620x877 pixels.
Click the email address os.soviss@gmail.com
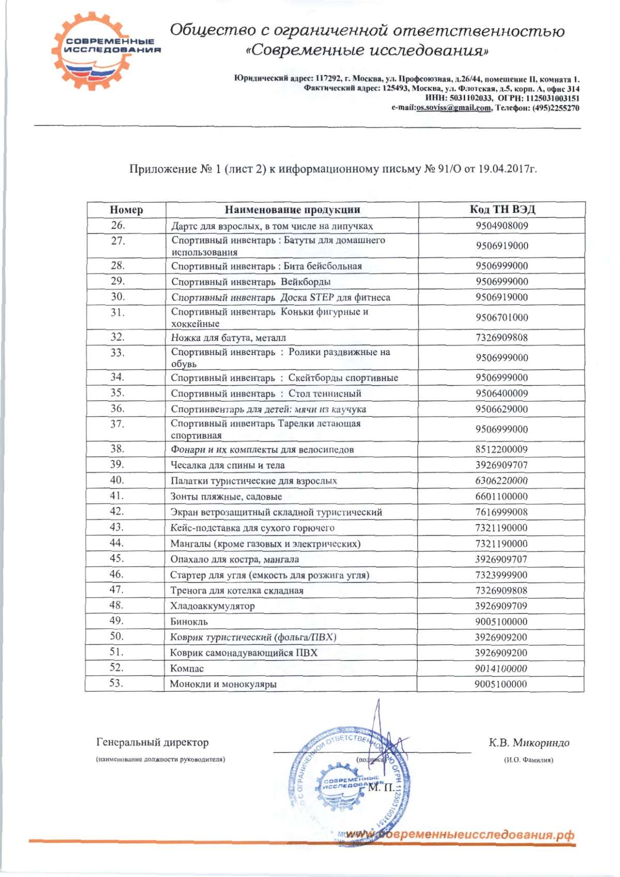coord(453,108)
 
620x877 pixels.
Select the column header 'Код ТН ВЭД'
coord(502,209)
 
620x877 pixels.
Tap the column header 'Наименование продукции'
coord(292,210)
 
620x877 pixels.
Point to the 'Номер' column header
coord(126,210)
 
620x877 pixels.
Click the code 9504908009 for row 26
coord(502,226)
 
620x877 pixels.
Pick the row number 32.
coord(118,337)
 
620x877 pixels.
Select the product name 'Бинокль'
coord(189,622)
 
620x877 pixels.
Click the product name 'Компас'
coord(187,669)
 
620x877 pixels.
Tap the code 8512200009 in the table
coord(501,450)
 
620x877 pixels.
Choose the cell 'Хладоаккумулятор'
coord(212,606)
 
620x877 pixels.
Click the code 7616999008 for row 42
coord(501,512)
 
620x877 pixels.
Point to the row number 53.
coord(116,683)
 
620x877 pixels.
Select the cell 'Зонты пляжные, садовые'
coord(226,497)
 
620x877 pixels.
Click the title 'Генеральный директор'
coord(152,743)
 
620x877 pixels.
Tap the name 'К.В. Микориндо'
coord(529,743)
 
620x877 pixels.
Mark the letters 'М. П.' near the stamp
coord(381,788)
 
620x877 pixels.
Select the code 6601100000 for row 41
coord(501,497)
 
